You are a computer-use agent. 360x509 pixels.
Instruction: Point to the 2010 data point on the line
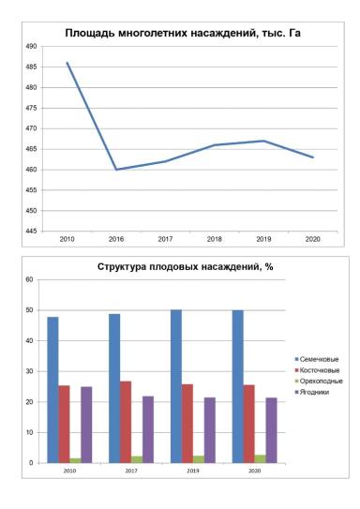point(67,63)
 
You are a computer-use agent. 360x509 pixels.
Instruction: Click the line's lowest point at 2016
point(116,170)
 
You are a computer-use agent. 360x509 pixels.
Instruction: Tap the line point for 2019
point(263,141)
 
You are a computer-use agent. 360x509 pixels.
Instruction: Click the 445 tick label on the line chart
point(30,231)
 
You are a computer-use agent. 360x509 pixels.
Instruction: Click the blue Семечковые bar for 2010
point(53,389)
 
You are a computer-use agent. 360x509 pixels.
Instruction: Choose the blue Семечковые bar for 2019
point(175,385)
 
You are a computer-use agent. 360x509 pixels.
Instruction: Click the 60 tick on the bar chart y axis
point(29,279)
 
